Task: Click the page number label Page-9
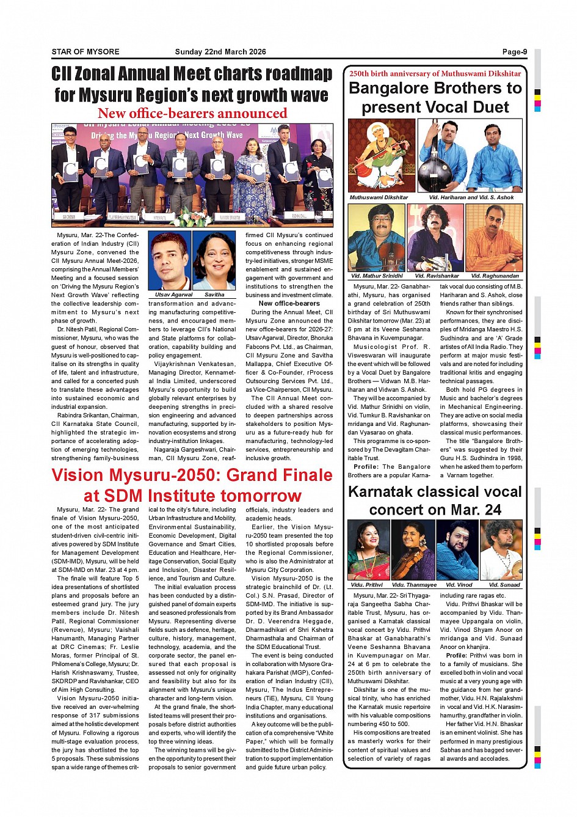(x=514, y=52)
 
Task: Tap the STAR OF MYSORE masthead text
(x=85, y=52)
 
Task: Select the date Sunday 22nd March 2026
(x=220, y=52)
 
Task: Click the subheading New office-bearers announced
(x=192, y=114)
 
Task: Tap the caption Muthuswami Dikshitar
(x=379, y=197)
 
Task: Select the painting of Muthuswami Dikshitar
(x=381, y=156)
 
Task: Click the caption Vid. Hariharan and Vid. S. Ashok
(x=471, y=197)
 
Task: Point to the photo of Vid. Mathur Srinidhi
(x=376, y=238)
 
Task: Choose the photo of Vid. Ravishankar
(x=435, y=238)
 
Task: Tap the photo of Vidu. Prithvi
(x=368, y=550)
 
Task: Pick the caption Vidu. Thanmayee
(x=414, y=585)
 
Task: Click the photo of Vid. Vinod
(x=458, y=550)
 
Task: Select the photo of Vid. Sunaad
(x=501, y=550)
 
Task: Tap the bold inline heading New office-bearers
(x=289, y=303)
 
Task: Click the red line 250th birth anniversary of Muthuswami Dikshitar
(x=435, y=73)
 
